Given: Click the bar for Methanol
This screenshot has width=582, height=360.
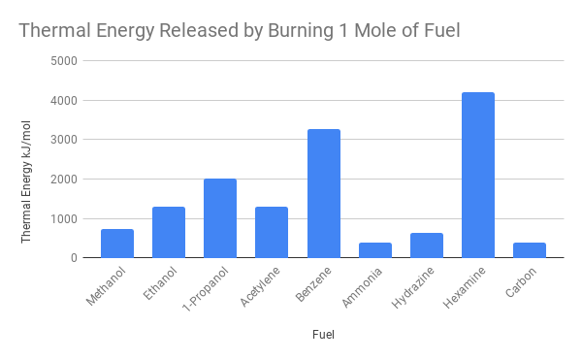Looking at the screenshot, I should coord(116,244).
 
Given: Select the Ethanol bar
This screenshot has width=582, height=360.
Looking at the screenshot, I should coord(168,233).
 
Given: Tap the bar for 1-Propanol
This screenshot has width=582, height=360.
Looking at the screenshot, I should coord(220,218).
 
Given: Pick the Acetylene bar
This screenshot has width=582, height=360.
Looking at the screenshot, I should coord(272,233).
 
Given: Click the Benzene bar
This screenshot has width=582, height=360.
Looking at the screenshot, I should coord(323,194).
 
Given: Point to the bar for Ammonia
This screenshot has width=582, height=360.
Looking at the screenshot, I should coord(374,250).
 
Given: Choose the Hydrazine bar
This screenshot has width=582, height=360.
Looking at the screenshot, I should coord(426,245).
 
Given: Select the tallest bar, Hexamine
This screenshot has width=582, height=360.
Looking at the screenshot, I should coord(478,175).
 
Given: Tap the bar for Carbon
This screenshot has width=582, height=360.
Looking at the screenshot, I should coord(530,250).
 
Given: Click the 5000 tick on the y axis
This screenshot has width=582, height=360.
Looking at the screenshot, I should coord(66,60).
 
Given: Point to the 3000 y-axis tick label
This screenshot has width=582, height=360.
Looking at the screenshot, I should coord(66,140).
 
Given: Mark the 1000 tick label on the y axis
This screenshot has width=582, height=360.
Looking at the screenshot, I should coord(66,218).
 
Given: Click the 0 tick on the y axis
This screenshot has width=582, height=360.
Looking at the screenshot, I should coord(75,258).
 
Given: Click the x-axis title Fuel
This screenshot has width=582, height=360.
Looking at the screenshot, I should coord(324,335).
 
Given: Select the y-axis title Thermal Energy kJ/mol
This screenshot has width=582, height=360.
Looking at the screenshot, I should coord(26,159).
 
